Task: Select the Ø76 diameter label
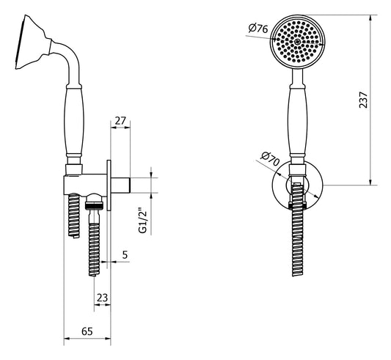pos(257,28)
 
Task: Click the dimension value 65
pos(87,332)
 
